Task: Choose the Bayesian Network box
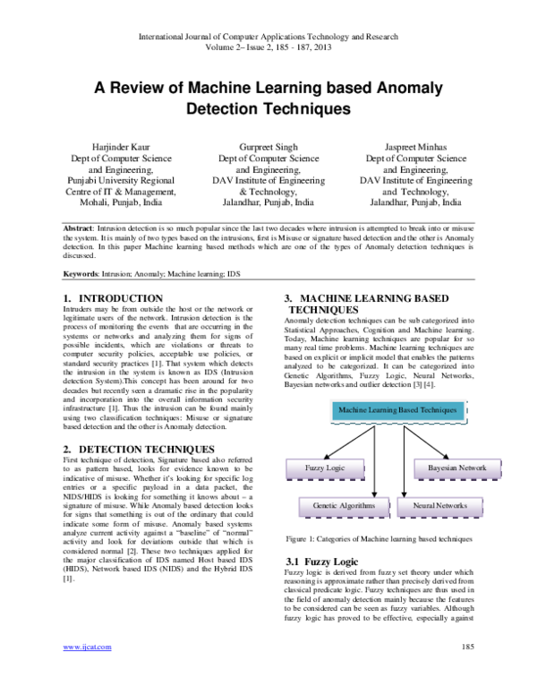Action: pyautogui.click(x=456, y=468)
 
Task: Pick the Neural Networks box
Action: pyautogui.click(x=439, y=505)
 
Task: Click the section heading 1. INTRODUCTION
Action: pyautogui.click(x=113, y=297)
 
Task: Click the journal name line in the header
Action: pyautogui.click(x=268, y=39)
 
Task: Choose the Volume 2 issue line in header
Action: pyautogui.click(x=268, y=51)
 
